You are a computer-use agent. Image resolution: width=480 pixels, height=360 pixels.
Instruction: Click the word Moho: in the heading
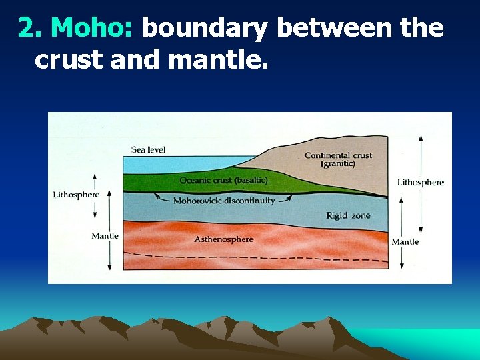[93, 28]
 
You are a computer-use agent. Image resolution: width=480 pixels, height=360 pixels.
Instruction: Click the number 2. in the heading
[31, 28]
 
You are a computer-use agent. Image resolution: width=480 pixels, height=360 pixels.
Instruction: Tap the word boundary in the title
[205, 28]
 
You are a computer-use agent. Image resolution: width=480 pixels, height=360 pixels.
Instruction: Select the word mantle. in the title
[219, 60]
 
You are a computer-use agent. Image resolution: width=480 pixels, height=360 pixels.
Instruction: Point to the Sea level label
[148, 150]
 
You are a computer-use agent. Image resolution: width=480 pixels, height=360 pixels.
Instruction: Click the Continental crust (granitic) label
[338, 159]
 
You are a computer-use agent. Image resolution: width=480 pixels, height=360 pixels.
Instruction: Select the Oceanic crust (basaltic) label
[223, 181]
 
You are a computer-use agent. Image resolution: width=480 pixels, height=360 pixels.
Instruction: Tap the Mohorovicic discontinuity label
[224, 201]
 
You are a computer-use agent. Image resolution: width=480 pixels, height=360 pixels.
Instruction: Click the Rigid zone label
[348, 215]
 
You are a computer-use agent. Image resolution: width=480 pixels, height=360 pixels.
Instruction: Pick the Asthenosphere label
[224, 239]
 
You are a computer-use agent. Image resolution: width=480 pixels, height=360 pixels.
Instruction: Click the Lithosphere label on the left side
[76, 195]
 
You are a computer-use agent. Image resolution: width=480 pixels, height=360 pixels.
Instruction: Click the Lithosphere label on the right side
[420, 182]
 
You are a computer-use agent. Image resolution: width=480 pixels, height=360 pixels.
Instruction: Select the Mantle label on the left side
[105, 235]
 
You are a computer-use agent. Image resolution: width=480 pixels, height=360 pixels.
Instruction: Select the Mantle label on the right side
[405, 242]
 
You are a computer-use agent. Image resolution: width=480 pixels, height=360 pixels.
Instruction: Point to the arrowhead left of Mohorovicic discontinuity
[157, 195]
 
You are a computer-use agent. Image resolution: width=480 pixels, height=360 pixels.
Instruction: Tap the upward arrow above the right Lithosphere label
[420, 140]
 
